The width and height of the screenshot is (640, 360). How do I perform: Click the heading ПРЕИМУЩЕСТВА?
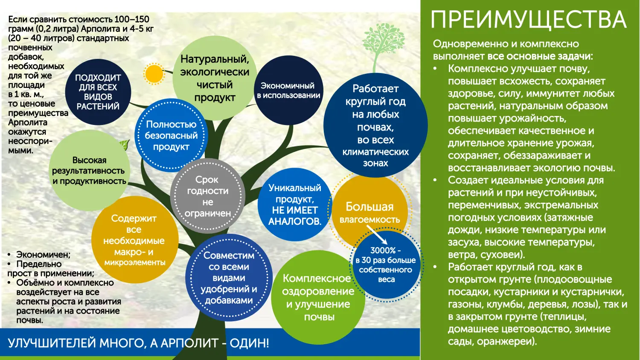(x=528, y=20)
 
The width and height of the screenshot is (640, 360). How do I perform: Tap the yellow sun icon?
(x=154, y=74)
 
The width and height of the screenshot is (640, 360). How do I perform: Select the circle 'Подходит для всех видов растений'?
(x=98, y=92)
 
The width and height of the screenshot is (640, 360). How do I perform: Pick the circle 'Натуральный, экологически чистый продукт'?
(x=215, y=78)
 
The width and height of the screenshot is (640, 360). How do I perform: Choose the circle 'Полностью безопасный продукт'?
(x=171, y=136)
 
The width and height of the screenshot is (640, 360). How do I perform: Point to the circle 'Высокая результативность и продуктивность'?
(x=89, y=171)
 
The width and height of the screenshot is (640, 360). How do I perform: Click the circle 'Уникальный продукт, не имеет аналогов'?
(x=294, y=204)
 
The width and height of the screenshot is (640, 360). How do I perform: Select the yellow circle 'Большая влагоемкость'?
(x=369, y=211)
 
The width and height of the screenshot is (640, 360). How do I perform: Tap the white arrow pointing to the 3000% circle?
(x=377, y=235)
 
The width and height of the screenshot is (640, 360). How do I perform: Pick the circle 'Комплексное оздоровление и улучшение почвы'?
(x=318, y=297)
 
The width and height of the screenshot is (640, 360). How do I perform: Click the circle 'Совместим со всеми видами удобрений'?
(x=229, y=278)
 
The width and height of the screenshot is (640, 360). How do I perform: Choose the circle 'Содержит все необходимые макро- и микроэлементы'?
(x=134, y=240)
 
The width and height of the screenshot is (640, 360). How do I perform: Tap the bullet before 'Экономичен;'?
(x=9, y=255)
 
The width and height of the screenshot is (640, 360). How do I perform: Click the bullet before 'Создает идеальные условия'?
(x=435, y=180)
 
